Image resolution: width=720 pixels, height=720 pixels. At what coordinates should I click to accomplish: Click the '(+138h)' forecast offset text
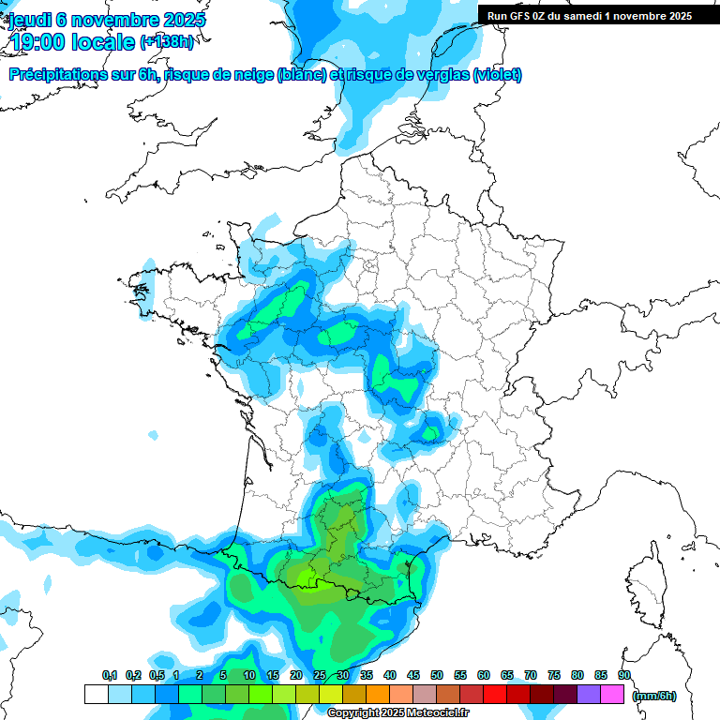[167, 42]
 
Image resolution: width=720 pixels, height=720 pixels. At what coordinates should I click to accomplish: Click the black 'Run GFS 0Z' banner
[590, 15]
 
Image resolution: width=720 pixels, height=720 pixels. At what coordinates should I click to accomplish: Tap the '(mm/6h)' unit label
[654, 695]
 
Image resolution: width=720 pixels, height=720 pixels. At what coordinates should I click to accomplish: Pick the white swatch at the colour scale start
[96, 695]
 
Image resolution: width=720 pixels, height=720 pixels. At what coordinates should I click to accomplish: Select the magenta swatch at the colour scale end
[612, 695]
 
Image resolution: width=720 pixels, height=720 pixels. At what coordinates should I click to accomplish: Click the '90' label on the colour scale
[624, 675]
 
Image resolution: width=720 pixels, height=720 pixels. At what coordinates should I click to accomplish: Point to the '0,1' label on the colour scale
[110, 675]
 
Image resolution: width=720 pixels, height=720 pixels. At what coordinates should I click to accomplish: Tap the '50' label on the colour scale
[437, 675]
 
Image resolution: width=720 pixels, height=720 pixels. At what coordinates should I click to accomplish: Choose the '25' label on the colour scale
[320, 675]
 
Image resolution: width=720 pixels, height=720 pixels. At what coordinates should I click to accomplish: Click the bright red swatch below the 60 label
[495, 695]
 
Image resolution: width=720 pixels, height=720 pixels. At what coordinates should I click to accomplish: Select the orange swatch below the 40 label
[378, 695]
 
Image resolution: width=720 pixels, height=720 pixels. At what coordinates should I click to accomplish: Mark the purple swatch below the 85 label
[589, 695]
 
